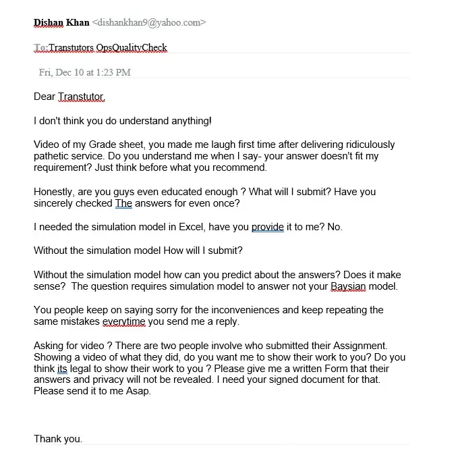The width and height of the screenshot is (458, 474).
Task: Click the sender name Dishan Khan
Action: coord(61,22)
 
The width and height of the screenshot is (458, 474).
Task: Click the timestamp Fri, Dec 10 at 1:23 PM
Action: coord(85,72)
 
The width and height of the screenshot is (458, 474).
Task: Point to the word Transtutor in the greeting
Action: coord(81,97)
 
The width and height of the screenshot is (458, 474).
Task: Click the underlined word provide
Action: coord(268,227)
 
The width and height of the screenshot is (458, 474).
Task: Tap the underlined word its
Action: coord(62,369)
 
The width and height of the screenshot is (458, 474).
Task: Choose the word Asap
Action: coord(138,392)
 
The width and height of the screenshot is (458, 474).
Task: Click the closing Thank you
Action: coord(58,439)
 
